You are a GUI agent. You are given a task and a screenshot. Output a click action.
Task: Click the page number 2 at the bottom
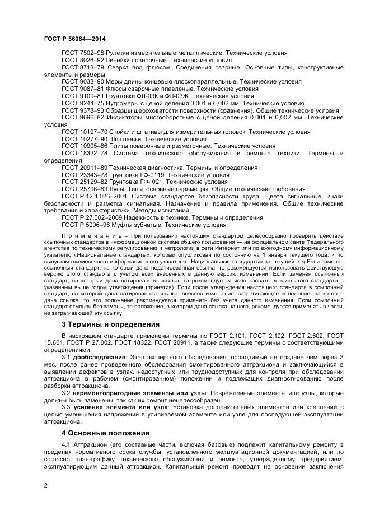click(x=46, y=485)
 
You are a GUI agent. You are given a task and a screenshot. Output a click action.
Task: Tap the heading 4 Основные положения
click(x=105, y=433)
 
